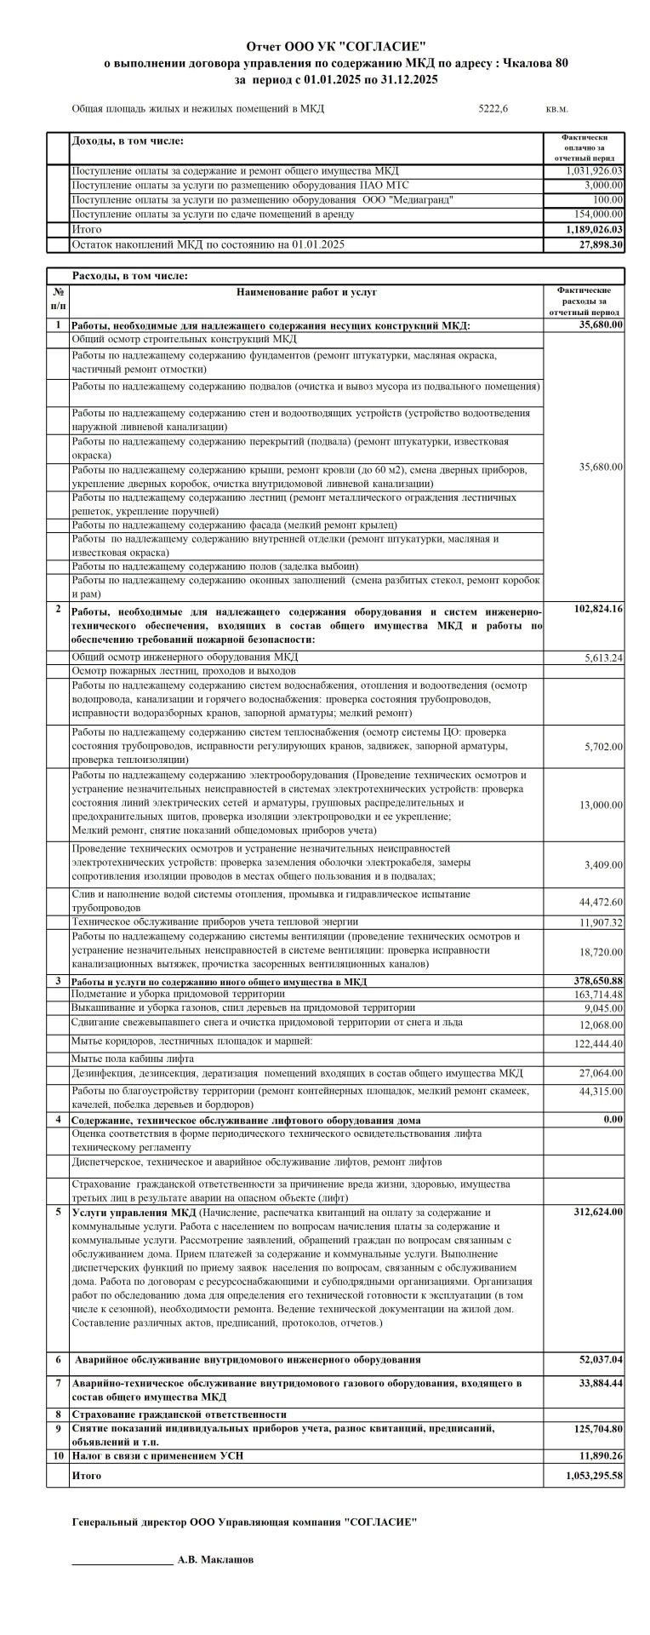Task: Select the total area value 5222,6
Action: click(493, 109)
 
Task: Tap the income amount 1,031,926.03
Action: click(594, 171)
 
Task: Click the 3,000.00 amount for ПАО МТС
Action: click(603, 186)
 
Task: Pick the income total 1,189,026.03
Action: click(594, 230)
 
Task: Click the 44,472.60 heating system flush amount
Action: click(600, 902)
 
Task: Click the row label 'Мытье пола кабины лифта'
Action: click(133, 1058)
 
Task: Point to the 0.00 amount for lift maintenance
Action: click(613, 1119)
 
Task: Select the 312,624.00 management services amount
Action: click(598, 1212)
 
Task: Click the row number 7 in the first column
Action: click(58, 1382)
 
